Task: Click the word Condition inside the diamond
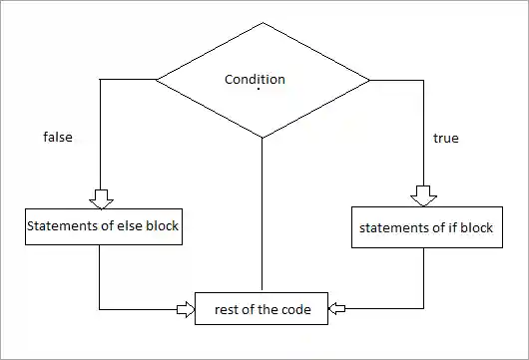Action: [255, 80]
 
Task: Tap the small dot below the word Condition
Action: [259, 91]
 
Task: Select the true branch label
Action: [445, 138]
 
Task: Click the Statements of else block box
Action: [103, 226]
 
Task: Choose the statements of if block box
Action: [426, 228]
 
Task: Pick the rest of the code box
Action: [263, 309]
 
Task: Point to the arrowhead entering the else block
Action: [100, 197]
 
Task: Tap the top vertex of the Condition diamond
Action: [263, 21]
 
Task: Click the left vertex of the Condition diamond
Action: [156, 79]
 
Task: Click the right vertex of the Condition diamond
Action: [369, 79]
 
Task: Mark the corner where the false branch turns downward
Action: [100, 79]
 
